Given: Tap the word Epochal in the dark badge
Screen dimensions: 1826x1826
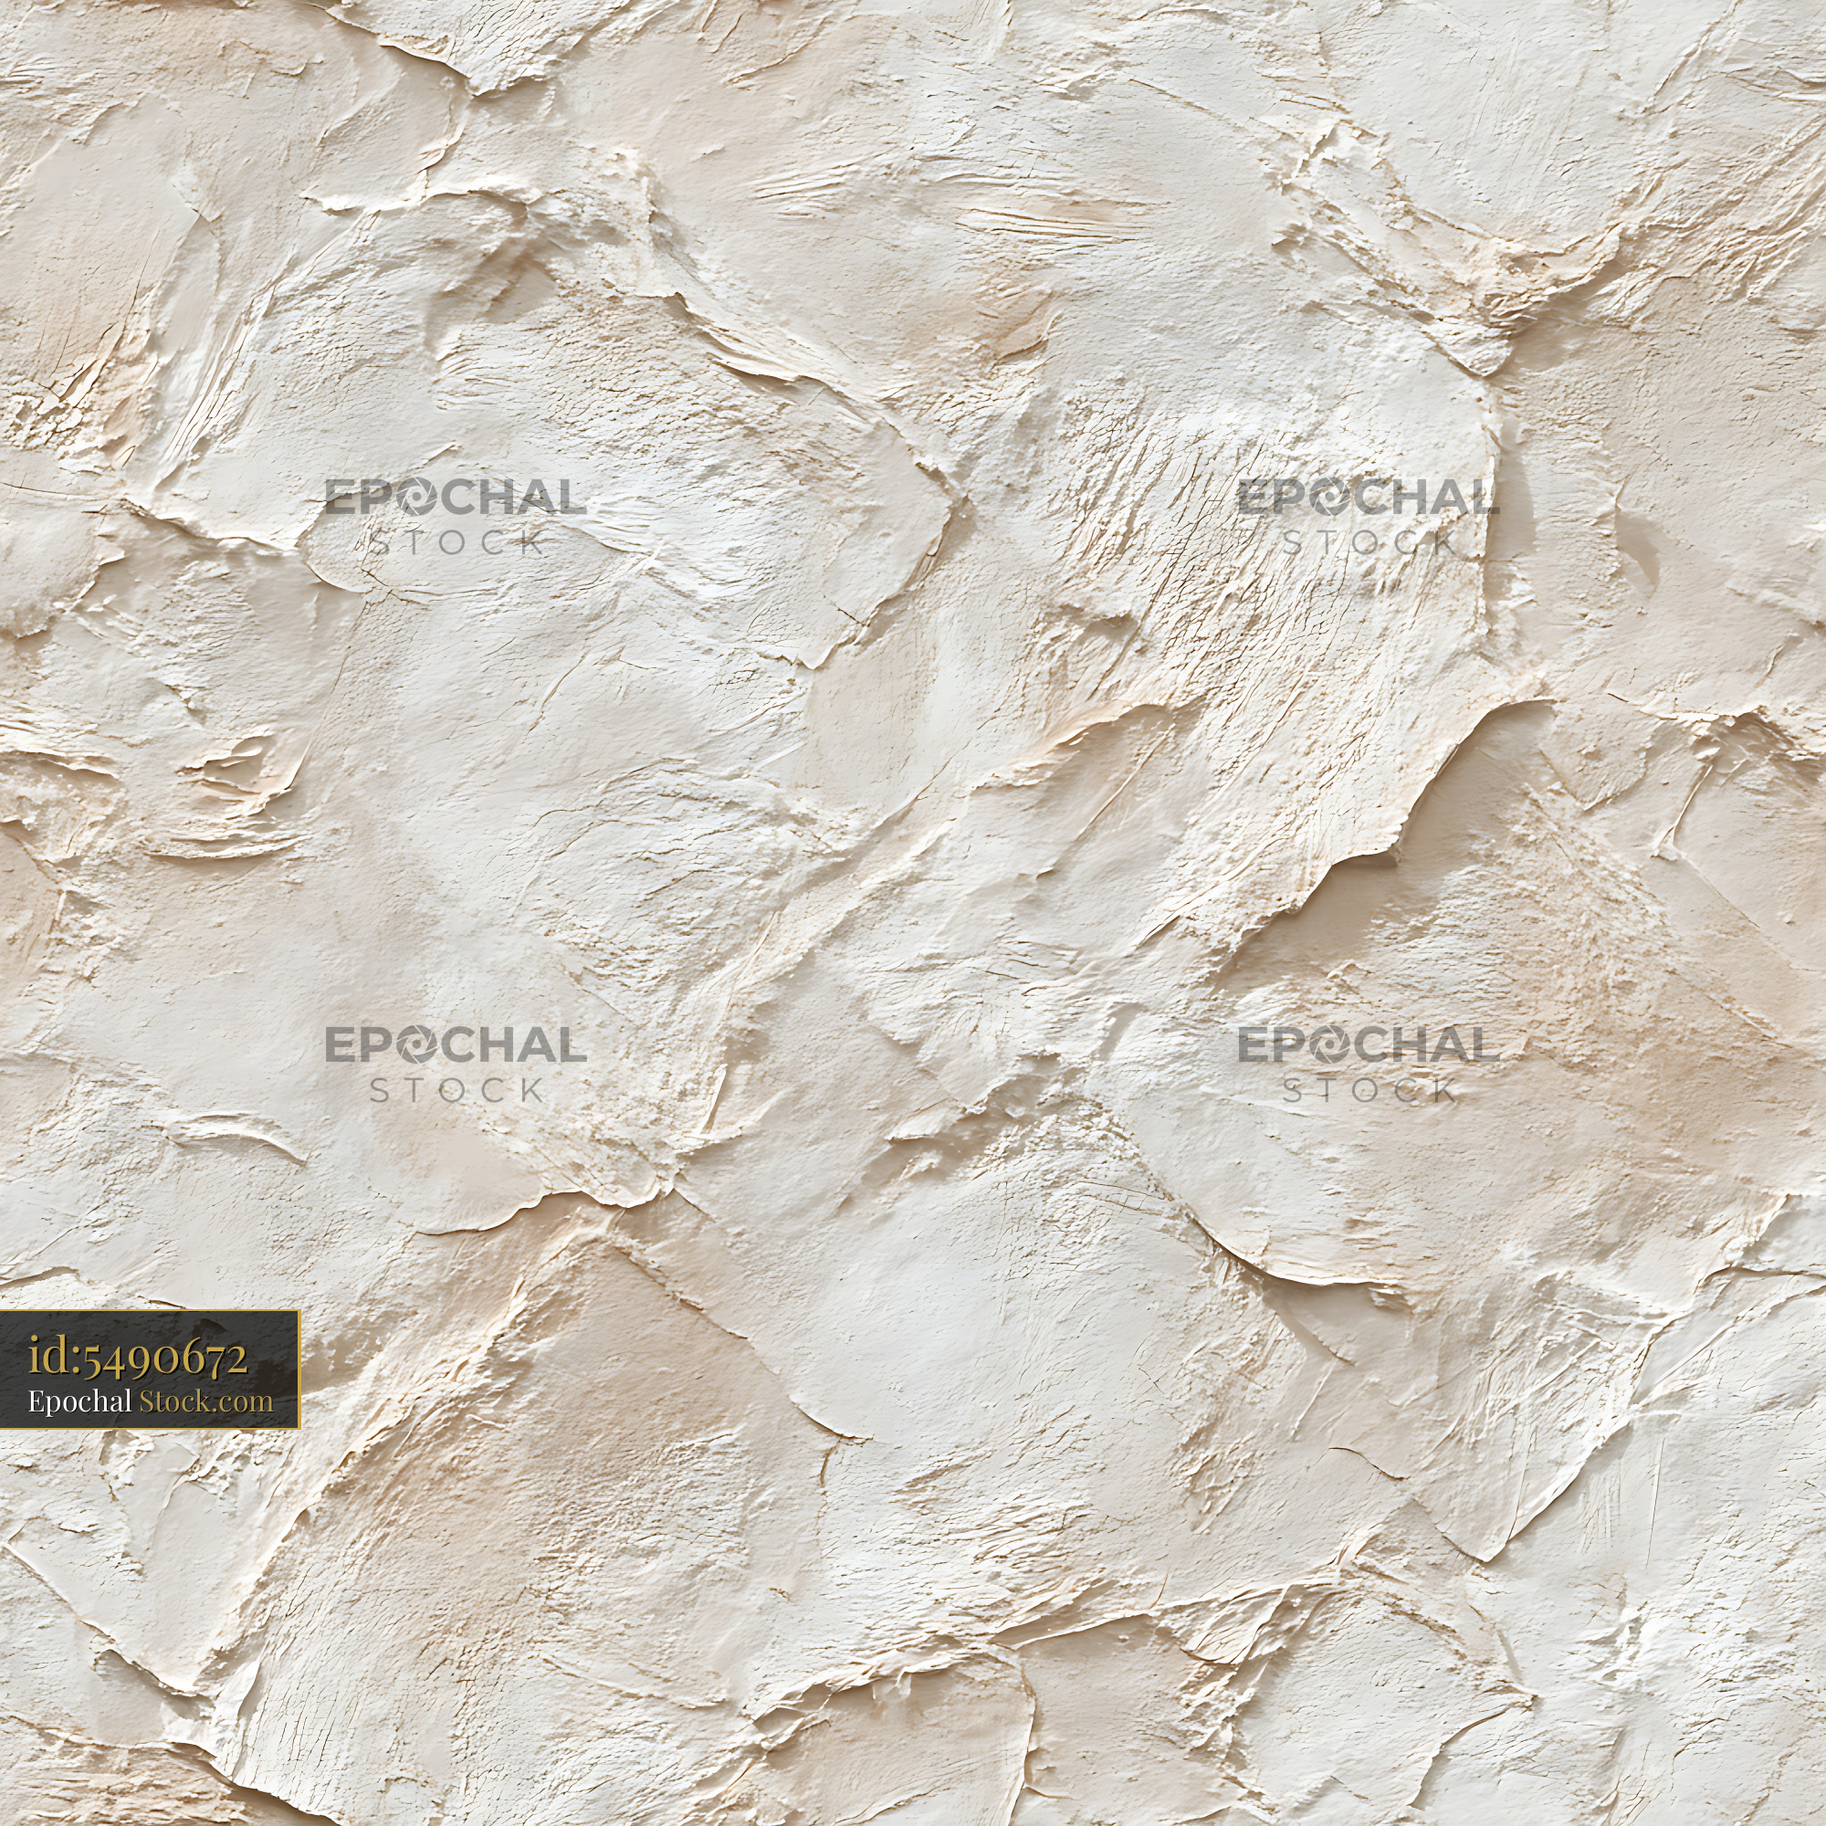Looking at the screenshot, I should click(79, 1401).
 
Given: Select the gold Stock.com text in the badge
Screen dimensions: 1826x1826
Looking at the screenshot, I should click(206, 1401).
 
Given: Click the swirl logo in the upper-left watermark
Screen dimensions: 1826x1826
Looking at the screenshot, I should click(414, 498).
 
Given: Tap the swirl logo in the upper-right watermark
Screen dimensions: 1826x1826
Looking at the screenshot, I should click(1327, 498).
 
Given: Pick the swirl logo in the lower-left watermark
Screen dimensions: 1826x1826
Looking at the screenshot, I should click(414, 1045).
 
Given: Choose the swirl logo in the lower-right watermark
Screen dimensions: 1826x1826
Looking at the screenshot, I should click(1327, 1045).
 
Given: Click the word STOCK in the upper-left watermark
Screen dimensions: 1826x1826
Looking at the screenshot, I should click(456, 542).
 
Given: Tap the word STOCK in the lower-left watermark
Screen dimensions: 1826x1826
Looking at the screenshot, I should click(456, 1091).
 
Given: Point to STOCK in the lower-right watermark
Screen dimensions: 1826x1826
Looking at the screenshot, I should click(1369, 1091).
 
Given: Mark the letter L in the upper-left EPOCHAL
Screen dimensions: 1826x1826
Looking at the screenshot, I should click(571, 498).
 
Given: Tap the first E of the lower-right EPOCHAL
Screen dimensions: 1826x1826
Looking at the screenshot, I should click(1254, 1045).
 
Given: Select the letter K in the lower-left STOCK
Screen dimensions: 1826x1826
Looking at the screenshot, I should click(531, 1091).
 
